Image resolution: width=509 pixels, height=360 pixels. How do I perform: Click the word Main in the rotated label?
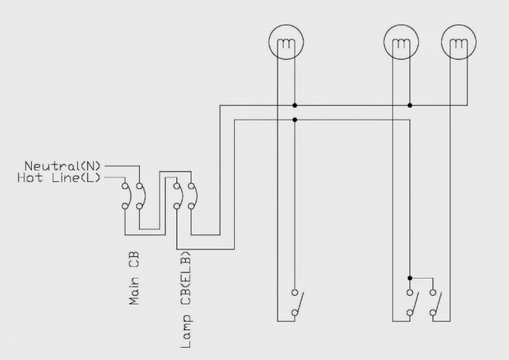(134, 289)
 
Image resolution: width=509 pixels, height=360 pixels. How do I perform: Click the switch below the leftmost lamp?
(297, 303)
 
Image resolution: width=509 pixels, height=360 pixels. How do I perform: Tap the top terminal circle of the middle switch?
(410, 293)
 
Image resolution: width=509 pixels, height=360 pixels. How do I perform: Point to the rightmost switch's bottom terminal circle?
(432, 312)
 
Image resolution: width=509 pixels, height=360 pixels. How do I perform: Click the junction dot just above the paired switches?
(410, 278)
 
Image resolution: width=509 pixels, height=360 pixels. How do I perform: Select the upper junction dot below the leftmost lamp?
(295, 105)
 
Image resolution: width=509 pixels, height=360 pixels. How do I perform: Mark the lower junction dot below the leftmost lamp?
(295, 120)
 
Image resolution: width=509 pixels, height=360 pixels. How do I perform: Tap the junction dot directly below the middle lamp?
(410, 105)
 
